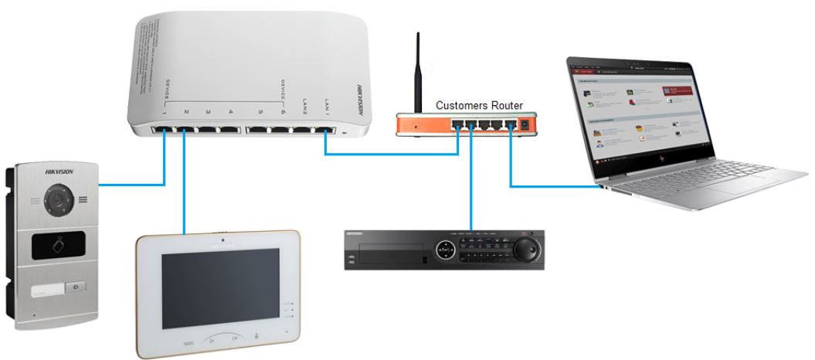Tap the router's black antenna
point(418,73)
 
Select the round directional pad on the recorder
point(447,250)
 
